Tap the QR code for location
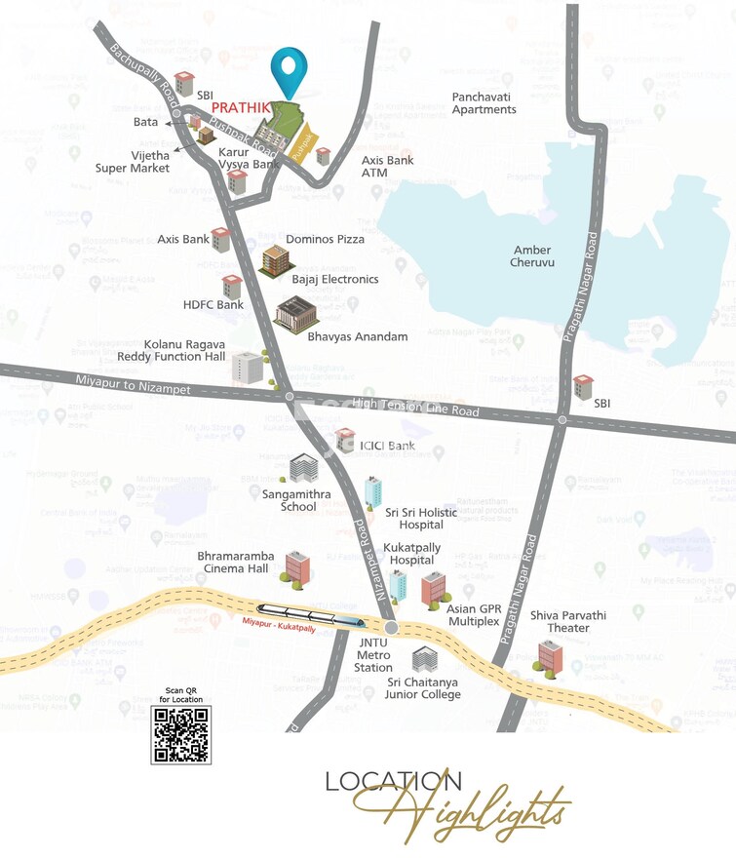coord(180,735)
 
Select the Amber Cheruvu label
coord(533,256)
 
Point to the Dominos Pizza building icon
coord(274,260)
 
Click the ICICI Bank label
coord(387,447)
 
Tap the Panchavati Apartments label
coord(484,103)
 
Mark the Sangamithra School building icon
coord(303,469)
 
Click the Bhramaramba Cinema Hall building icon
coord(296,566)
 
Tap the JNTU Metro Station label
coord(373,653)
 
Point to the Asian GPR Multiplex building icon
coord(432,588)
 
